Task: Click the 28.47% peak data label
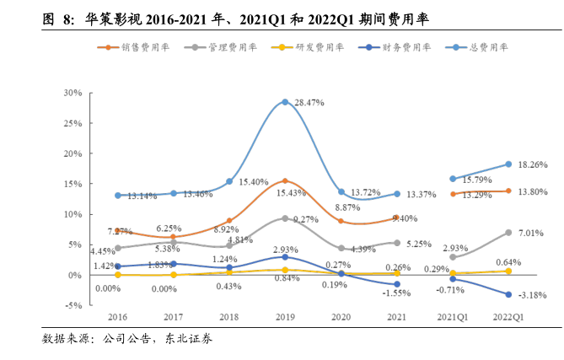[309, 102]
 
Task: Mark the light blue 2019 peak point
[286, 102]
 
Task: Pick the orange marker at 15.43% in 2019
[286, 181]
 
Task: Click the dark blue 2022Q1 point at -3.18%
[508, 294]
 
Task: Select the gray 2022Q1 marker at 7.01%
[508, 233]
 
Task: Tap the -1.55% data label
[396, 292]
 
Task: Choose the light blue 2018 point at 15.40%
[229, 181]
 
